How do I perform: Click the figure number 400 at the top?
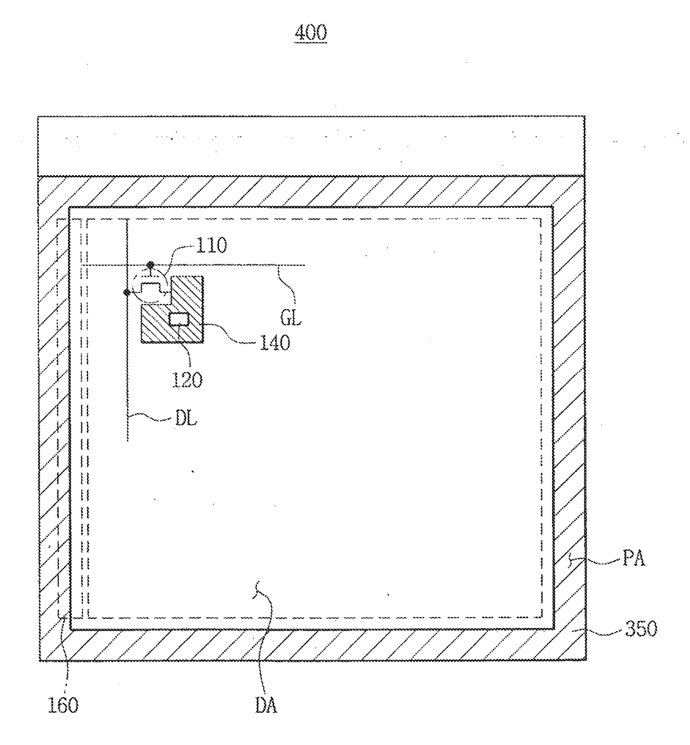310,33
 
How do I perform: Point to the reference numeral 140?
275,342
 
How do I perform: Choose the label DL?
186,419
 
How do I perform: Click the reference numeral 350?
641,629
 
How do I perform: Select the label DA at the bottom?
266,706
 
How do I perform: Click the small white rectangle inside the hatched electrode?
179,319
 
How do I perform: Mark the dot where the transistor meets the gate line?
150,265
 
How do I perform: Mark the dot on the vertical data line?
127,291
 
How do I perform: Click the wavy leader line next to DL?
150,417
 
